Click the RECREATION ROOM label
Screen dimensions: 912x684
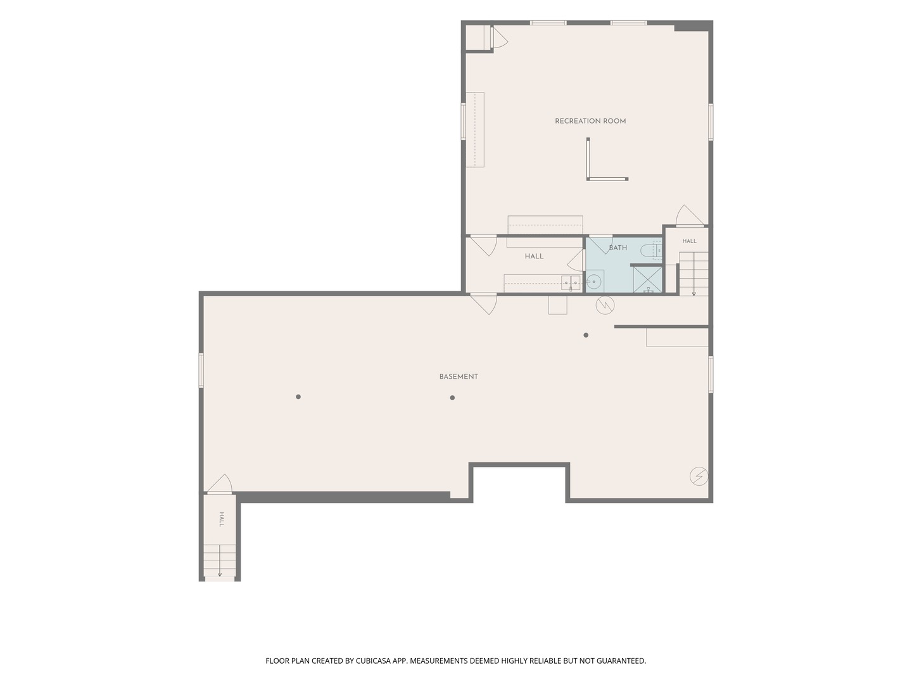pyautogui.click(x=590, y=121)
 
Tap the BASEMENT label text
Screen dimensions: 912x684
pyautogui.click(x=459, y=376)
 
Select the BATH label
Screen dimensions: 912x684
pyautogui.click(x=618, y=248)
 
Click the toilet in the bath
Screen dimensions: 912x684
pyautogui.click(x=650, y=251)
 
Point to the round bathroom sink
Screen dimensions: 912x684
pyautogui.click(x=593, y=282)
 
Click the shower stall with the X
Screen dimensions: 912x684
pyautogui.click(x=647, y=279)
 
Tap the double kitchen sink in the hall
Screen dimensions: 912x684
pyautogui.click(x=571, y=282)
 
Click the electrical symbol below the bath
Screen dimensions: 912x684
pyautogui.click(x=605, y=305)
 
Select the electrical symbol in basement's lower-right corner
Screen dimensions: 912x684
pyautogui.click(x=699, y=476)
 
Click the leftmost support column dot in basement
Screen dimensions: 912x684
pyautogui.click(x=298, y=396)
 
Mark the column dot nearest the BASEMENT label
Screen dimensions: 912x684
pyautogui.click(x=452, y=398)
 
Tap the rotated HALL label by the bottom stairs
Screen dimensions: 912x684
pyautogui.click(x=222, y=519)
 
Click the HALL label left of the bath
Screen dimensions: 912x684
pyautogui.click(x=534, y=256)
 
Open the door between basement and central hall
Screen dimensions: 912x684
pyautogui.click(x=484, y=303)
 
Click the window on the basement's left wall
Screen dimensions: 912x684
pyautogui.click(x=201, y=370)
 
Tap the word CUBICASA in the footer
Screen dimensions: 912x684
pyautogui.click(x=373, y=661)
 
